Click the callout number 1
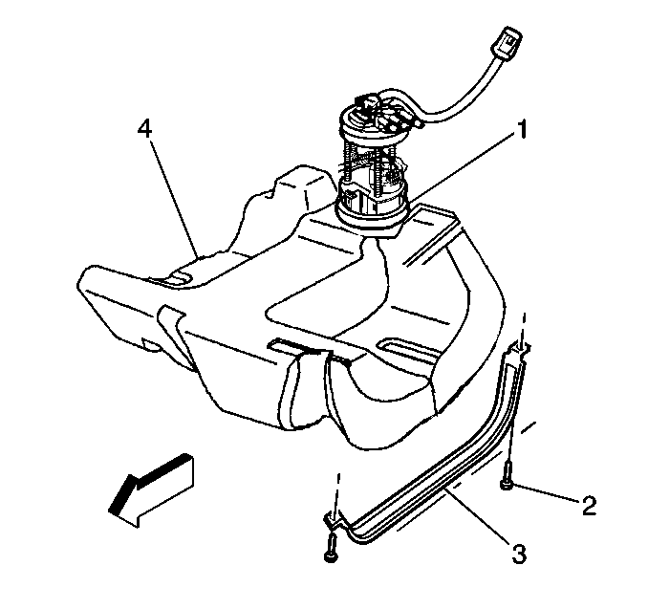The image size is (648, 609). [523, 129]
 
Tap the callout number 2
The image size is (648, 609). [590, 505]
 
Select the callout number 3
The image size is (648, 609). [519, 555]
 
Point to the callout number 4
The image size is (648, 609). [144, 129]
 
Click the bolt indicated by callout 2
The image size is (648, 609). [508, 475]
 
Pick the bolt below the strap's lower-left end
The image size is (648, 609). [332, 547]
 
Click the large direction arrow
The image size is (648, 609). [151, 489]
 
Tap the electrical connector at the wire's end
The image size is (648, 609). [505, 43]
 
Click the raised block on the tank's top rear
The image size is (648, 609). [305, 186]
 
